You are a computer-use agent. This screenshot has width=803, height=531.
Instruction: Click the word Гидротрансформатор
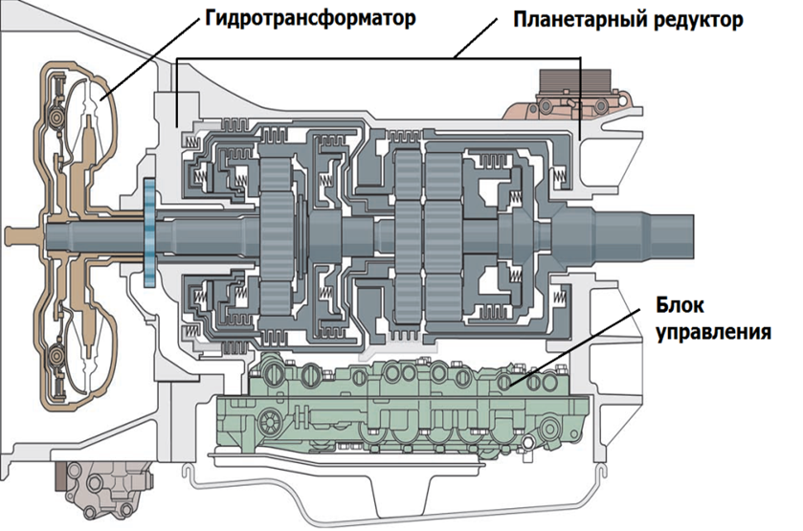[x=310, y=19]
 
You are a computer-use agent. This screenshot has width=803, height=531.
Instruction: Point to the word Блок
[x=680, y=305]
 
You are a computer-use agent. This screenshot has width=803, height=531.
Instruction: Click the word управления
[x=713, y=332]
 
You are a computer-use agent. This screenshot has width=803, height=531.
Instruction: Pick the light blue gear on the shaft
[x=149, y=232]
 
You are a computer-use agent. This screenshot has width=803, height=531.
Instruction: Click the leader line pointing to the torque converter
[x=151, y=57]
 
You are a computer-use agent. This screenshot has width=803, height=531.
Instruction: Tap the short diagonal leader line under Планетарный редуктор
[x=476, y=38]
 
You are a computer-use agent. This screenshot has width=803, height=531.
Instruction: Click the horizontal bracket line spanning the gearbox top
[x=378, y=58]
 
